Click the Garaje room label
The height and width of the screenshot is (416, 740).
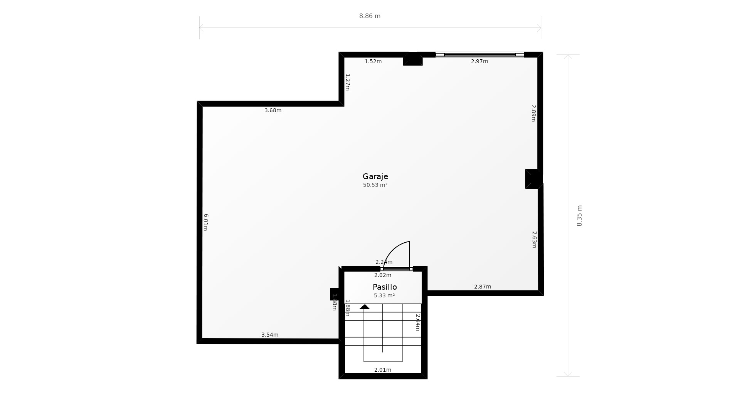point(375,176)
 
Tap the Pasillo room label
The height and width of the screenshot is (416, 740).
point(385,287)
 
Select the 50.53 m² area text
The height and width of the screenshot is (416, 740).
point(375,185)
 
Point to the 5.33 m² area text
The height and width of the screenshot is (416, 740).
point(384,295)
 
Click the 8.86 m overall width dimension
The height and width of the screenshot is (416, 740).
point(370,16)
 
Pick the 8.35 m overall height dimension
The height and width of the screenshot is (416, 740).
point(579,216)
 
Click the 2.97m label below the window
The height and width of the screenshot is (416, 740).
point(479,61)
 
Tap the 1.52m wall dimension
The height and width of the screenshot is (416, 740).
point(373,61)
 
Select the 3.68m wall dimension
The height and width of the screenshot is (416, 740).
point(273,110)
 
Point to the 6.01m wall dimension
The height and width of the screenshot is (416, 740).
point(206,222)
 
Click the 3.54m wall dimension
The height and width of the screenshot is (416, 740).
point(270,335)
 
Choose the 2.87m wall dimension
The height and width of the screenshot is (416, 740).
point(483,287)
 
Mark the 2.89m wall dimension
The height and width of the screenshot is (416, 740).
point(534,113)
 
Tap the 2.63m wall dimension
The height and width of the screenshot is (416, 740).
point(534,240)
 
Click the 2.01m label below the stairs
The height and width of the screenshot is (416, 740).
point(383,370)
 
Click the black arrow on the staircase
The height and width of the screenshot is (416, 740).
point(364,307)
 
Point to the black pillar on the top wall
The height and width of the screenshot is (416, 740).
point(413,59)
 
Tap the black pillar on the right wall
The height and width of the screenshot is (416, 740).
point(533,179)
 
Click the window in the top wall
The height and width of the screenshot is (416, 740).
point(479,55)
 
